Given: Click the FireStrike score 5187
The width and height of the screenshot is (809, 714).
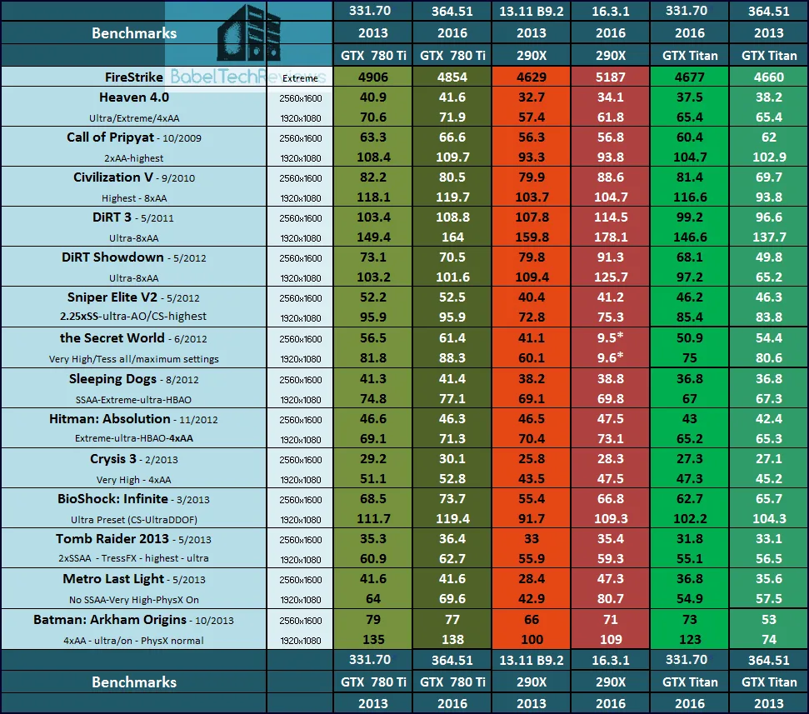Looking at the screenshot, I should click(611, 77).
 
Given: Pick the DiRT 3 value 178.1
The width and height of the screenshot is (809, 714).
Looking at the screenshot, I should click(611, 237).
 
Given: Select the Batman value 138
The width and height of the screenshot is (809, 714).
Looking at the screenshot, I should click(452, 640).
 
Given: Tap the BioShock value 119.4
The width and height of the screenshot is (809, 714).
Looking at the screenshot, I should click(452, 518).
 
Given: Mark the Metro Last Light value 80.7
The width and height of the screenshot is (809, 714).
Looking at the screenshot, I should click(611, 599).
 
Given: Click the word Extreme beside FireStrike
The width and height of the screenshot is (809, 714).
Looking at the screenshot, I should click(299, 77).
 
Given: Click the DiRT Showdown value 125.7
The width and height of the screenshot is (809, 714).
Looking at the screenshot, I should click(611, 277).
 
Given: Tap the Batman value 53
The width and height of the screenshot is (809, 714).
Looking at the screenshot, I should click(768, 620).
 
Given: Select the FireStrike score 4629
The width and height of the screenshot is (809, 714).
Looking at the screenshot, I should click(532, 77).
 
